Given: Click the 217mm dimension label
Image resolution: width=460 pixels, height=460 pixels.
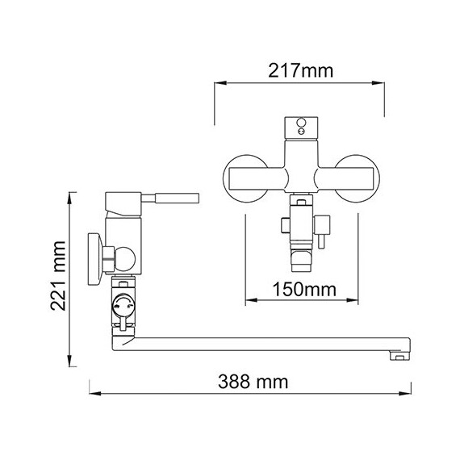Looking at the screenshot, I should coord(299,70).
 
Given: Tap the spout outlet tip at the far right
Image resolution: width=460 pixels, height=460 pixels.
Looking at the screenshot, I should coord(398,353).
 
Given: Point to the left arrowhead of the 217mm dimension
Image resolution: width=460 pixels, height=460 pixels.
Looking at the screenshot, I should coord(217,82).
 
